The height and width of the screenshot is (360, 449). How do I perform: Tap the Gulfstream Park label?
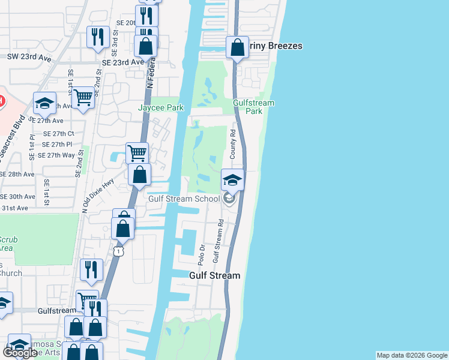point(254,107)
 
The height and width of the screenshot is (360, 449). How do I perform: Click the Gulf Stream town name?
point(214,276)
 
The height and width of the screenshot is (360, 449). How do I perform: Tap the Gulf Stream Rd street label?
point(220,241)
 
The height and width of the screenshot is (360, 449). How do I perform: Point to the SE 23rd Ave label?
point(122,62)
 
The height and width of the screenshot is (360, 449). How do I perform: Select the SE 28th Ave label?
point(18,174)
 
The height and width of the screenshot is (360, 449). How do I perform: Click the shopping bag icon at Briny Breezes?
point(237,47)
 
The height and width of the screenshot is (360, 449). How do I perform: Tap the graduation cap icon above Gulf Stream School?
point(232,179)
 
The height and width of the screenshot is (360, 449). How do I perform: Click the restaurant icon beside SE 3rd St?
point(97,37)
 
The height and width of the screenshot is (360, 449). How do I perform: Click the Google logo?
point(20,353)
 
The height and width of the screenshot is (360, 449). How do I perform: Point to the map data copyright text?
point(411,355)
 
